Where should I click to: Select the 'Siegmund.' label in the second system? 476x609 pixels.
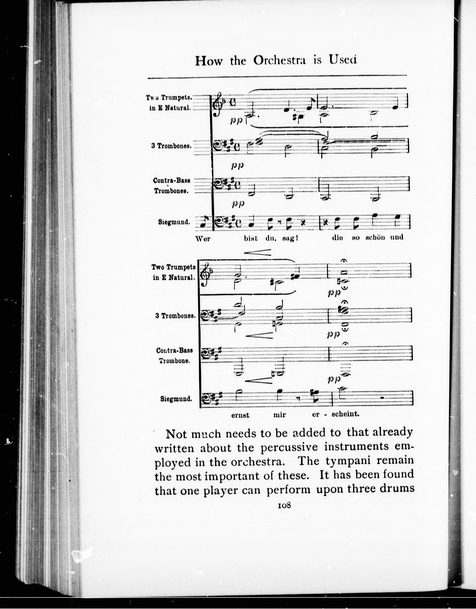tap(176, 399)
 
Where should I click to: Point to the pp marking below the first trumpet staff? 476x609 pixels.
tap(237, 121)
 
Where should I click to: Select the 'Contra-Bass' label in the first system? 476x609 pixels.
tap(171, 180)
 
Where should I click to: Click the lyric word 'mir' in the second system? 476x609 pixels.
tap(280, 415)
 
